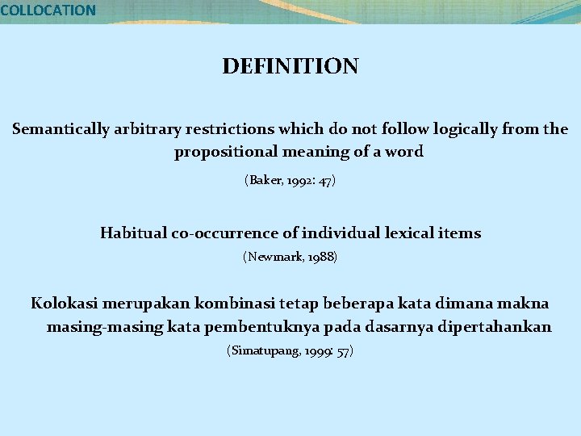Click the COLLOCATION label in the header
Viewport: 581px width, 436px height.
(48, 10)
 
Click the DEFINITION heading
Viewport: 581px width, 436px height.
(290, 66)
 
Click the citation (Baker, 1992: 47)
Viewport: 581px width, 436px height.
(290, 181)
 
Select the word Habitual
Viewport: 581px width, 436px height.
(133, 233)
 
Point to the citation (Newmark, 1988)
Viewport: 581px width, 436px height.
(290, 258)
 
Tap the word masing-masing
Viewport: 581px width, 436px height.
(93, 327)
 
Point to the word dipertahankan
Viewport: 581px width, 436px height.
(492, 327)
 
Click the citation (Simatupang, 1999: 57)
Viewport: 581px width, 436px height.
(290, 351)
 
